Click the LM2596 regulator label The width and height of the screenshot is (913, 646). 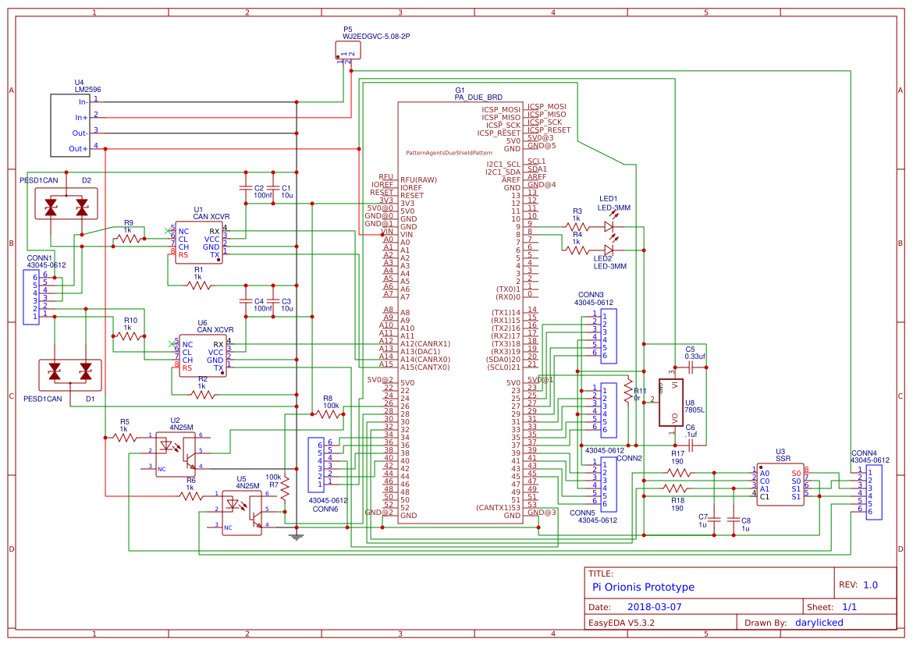[87, 90]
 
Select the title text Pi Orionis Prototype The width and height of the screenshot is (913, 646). [643, 587]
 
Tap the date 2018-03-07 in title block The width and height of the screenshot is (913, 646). [654, 606]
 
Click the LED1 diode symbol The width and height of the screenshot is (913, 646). [609, 227]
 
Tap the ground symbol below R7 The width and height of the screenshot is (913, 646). [296, 535]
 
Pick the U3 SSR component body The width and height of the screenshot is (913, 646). [780, 484]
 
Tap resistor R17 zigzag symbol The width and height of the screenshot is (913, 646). [678, 473]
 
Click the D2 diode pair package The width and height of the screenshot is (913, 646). [66, 207]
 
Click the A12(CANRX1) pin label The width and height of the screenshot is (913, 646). [425, 343]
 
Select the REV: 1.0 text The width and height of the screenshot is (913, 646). [858, 584]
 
